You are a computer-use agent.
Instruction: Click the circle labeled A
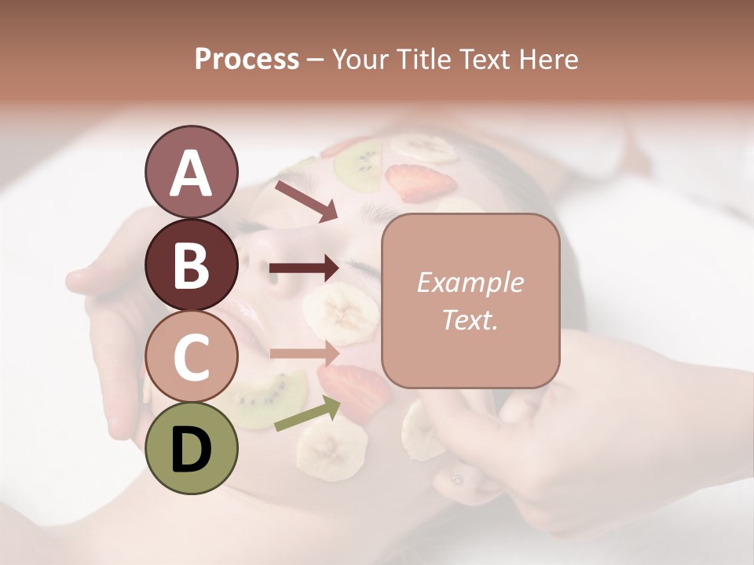pos(191,173)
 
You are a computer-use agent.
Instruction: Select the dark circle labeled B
pos(191,264)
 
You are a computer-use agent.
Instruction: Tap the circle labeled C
pos(191,356)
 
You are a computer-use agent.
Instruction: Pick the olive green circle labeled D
pos(191,448)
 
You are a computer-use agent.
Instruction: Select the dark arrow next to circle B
pos(304,269)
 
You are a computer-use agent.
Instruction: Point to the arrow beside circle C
pos(304,354)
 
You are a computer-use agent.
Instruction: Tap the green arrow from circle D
pos(307,414)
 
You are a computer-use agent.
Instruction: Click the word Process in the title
pos(247,59)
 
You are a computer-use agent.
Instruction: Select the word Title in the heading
pos(424,59)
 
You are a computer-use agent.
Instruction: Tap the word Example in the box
pos(470,282)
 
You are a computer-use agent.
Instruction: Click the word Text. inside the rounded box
pos(470,319)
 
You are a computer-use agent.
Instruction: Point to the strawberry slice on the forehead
pos(421,183)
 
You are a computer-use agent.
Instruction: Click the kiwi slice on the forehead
pos(358,164)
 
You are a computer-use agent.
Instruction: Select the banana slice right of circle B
pos(341,312)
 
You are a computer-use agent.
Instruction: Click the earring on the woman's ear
pos(456,478)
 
